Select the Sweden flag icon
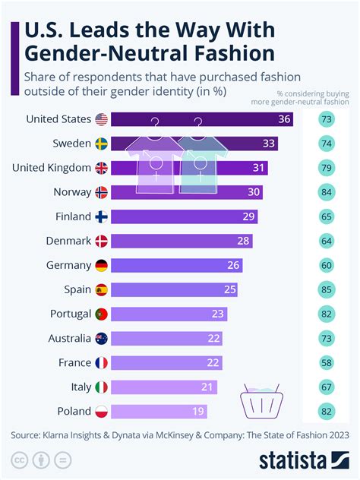click(x=101, y=144)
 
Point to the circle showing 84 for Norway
click(x=327, y=192)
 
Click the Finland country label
click(x=74, y=216)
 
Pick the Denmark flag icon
click(x=101, y=241)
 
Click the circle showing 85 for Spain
click(x=327, y=289)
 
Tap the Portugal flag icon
click(x=101, y=314)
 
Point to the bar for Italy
click(x=163, y=387)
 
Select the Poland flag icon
click(x=101, y=411)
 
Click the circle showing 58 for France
click(x=327, y=362)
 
